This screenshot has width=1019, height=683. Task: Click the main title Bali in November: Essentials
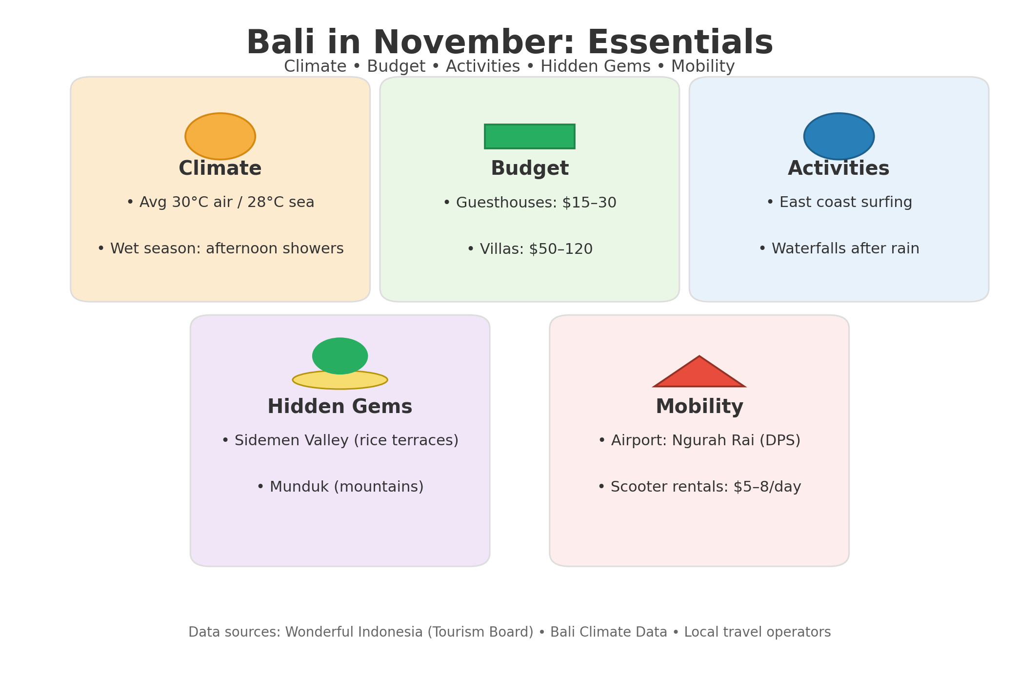coord(510,43)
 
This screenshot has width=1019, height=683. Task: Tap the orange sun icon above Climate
coord(220,136)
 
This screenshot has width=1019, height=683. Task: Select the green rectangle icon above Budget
coord(530,136)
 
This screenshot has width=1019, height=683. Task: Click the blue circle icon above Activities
coord(839,136)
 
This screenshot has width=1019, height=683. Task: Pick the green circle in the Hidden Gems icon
coord(340,356)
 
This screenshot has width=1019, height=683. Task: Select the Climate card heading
coord(220,169)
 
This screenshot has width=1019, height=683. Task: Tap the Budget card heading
coord(530,169)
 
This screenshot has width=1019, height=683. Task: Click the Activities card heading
coord(839,169)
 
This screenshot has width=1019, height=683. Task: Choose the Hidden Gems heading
coord(340,407)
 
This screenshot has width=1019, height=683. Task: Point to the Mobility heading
coord(699,407)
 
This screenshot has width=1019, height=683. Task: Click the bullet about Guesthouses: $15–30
coord(530,203)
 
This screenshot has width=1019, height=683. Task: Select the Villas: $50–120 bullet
coord(530,249)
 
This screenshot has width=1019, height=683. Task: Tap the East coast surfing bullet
coord(839,203)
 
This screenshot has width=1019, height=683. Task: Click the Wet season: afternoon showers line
coord(220,249)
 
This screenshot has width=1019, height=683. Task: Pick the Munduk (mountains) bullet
coord(340,487)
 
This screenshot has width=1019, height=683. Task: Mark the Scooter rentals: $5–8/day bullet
coord(699,487)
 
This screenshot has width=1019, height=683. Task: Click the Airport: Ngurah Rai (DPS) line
coord(699,441)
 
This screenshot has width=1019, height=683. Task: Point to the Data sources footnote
coord(510,632)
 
